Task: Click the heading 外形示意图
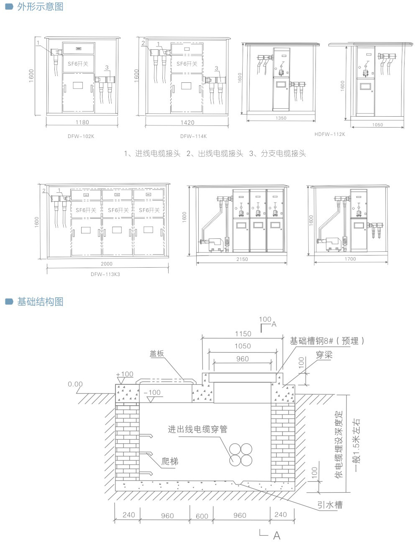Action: (40, 7)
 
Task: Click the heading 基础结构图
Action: (40, 302)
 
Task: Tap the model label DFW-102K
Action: (81, 136)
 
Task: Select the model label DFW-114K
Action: (193, 136)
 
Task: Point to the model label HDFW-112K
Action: (330, 134)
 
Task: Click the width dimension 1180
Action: (82, 123)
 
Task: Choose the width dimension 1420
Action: (187, 123)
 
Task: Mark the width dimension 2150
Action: (242, 259)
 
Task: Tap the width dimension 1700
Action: (350, 259)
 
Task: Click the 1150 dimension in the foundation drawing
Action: (243, 334)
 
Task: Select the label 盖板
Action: (157, 354)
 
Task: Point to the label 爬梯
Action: (170, 461)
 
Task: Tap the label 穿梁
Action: (324, 355)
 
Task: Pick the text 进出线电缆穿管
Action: (197, 430)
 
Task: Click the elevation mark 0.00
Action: (75, 384)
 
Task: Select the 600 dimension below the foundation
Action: (202, 516)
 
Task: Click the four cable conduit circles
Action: (241, 454)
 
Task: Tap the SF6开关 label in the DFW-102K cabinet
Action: (78, 64)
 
